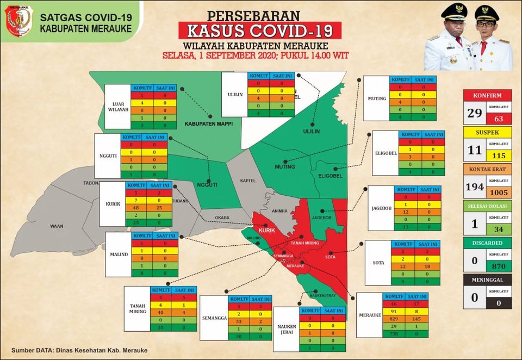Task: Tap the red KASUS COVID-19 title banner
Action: point(260,30)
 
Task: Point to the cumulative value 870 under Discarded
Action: point(499,266)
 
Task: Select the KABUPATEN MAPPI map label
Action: point(208,123)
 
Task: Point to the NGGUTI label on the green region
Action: point(207,184)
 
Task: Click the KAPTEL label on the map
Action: point(248,181)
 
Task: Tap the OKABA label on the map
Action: point(222,218)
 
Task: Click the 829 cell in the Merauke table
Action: point(394,316)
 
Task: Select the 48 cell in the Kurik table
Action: point(138,208)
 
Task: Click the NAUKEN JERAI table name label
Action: point(286,330)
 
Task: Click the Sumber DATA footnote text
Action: point(79,350)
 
